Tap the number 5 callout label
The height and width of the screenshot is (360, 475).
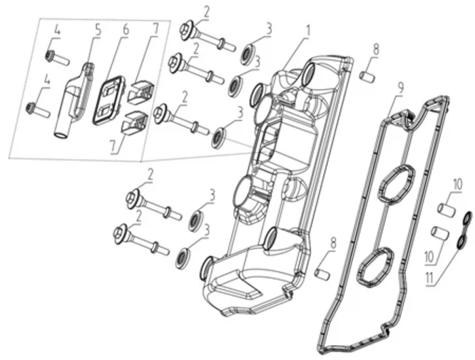pyautogui.click(x=98, y=31)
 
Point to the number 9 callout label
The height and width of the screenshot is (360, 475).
pyautogui.click(x=400, y=87)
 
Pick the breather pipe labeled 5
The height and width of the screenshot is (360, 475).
pyautogui.click(x=73, y=98)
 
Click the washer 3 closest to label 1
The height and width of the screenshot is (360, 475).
pyautogui.click(x=246, y=53)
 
